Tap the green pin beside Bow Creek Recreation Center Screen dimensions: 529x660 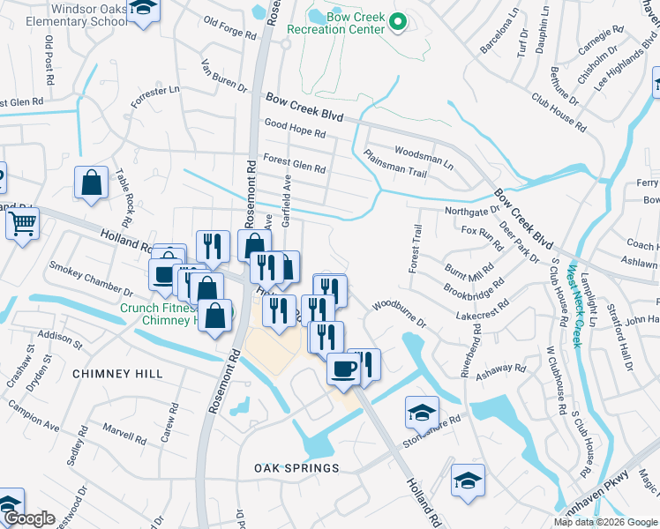tap(398, 23)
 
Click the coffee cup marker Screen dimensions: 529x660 tap(343, 369)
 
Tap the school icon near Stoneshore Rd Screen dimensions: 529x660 tap(422, 412)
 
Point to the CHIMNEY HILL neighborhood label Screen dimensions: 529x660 tap(117, 374)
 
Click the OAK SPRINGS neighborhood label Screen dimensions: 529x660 tap(296, 467)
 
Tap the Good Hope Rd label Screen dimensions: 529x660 tap(295, 129)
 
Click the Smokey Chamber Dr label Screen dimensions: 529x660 tap(91, 278)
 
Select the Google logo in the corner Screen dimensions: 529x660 tap(29, 519)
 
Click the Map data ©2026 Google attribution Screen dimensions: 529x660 tap(605, 522)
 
